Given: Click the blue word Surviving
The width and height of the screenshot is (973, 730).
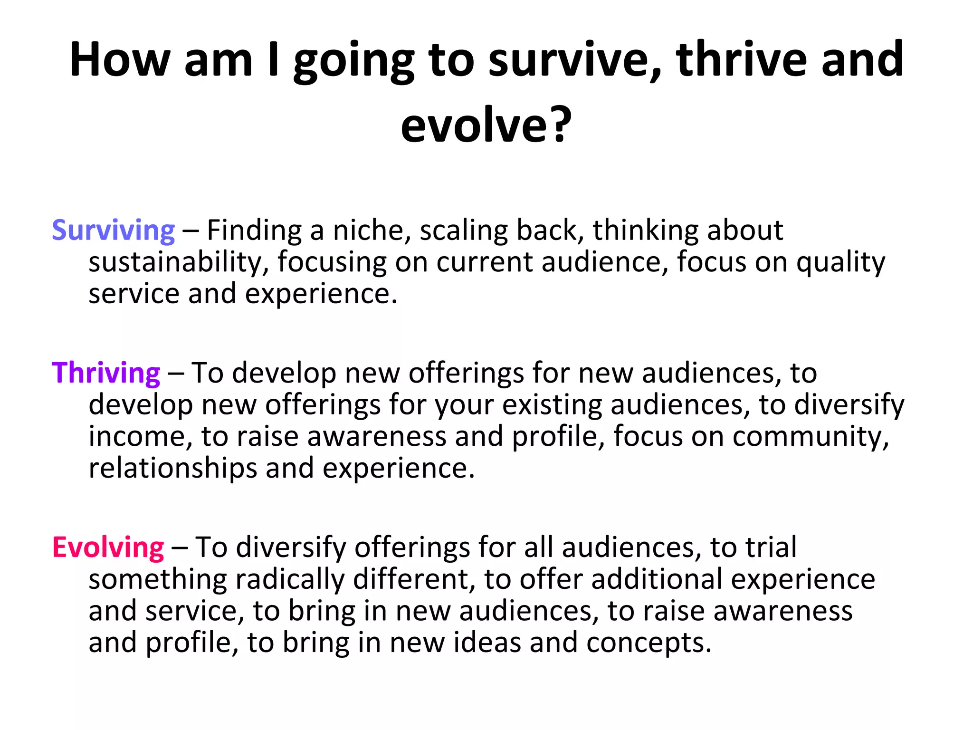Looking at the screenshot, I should [113, 231].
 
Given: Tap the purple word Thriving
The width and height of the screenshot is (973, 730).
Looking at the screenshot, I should [105, 374].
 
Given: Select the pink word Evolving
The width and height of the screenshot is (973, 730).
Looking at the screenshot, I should [108, 548].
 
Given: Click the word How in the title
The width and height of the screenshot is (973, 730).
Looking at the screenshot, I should [120, 60].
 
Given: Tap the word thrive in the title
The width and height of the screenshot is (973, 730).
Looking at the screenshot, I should [742, 60].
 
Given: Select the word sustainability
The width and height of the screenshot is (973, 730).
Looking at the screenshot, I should [179, 263].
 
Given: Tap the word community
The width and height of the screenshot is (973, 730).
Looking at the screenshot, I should [810, 437].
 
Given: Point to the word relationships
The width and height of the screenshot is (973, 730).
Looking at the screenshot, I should [172, 469].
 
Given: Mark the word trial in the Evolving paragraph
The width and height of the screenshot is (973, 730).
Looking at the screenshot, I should [770, 548].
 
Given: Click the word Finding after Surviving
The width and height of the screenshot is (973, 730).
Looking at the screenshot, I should [254, 231].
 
